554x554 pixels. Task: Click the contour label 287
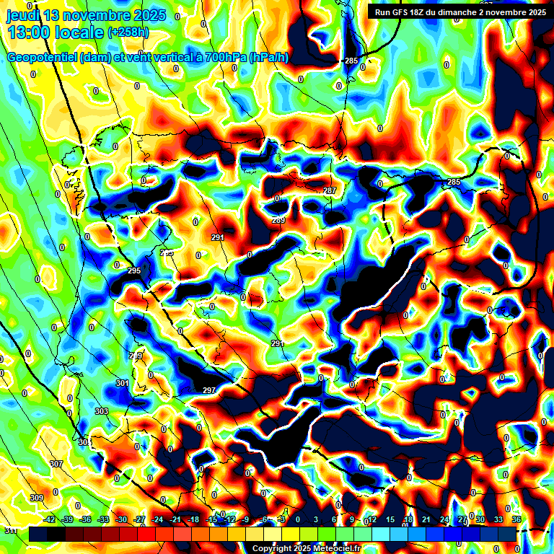[330, 190]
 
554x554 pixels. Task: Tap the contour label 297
[208, 390]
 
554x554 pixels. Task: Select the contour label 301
[122, 383]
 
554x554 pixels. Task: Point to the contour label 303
[101, 411]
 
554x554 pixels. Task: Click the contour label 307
[56, 464]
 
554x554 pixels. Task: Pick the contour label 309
[37, 498]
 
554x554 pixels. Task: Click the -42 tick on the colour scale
[50, 519]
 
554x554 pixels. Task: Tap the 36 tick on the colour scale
[516, 519]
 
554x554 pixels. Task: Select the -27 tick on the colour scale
[139, 519]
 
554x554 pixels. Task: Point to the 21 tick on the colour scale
[426, 519]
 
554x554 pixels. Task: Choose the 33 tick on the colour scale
[498, 519]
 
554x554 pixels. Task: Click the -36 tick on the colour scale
[86, 519]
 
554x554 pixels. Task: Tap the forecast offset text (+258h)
[128, 32]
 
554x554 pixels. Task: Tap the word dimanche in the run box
[472, 12]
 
